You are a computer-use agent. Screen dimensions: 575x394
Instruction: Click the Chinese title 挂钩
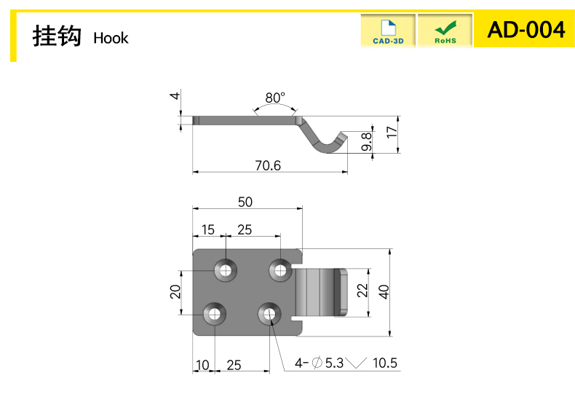(57, 36)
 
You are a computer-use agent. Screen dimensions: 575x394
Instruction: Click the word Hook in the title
(111, 38)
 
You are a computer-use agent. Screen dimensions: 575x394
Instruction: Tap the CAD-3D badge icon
(388, 31)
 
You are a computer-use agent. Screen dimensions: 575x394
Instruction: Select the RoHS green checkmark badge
(445, 31)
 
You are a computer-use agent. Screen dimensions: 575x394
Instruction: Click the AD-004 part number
(526, 30)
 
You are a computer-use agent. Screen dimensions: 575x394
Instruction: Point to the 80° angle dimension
(275, 98)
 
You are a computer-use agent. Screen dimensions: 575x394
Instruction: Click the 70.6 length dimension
(268, 166)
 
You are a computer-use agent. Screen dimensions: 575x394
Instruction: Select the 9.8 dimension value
(366, 141)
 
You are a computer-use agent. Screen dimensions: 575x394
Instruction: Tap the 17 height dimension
(392, 132)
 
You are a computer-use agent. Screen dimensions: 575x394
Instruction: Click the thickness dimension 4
(175, 95)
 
